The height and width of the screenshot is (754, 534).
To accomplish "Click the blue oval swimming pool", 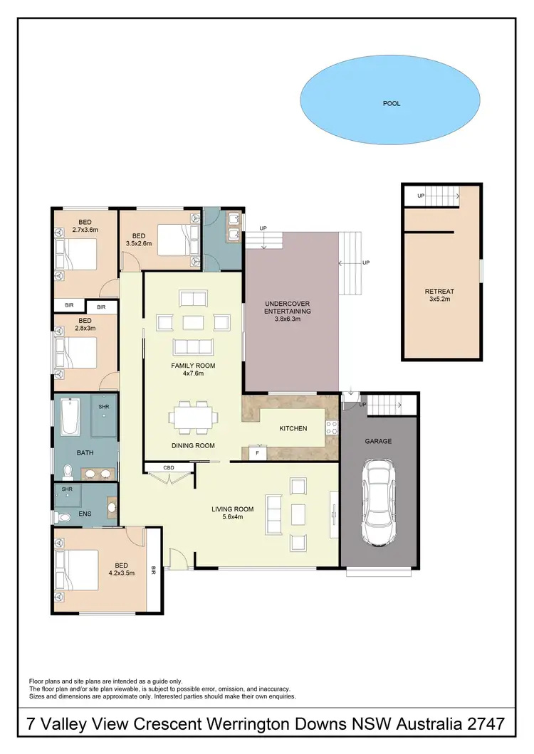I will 389,103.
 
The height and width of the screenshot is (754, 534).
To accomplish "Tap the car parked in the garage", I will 378,501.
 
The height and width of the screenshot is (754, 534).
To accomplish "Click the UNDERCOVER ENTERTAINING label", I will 290,310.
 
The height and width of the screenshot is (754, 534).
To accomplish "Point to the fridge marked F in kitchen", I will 257,452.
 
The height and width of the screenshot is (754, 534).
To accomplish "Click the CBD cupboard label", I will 169,467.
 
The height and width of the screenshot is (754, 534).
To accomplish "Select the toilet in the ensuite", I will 62,517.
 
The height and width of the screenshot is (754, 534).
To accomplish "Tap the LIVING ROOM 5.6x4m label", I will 233,513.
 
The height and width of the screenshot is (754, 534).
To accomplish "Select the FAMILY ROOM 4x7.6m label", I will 192,370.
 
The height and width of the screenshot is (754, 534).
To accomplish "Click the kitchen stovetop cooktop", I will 331,428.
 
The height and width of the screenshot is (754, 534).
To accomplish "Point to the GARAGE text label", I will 378,441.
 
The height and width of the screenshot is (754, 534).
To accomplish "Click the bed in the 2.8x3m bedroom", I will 77,351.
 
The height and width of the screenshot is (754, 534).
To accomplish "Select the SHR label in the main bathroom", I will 103,406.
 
